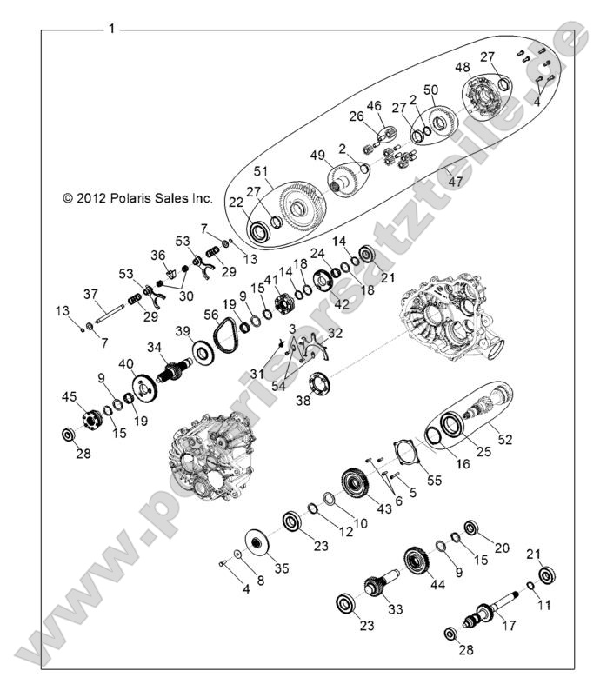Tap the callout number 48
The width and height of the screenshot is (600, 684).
pyautogui.click(x=463, y=67)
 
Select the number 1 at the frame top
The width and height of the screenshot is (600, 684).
pyautogui.click(x=111, y=29)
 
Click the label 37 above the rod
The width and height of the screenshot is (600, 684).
pyautogui.click(x=90, y=294)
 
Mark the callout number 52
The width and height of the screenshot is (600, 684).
pyautogui.click(x=504, y=440)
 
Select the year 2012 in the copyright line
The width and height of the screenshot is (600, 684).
pyautogui.click(x=88, y=198)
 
